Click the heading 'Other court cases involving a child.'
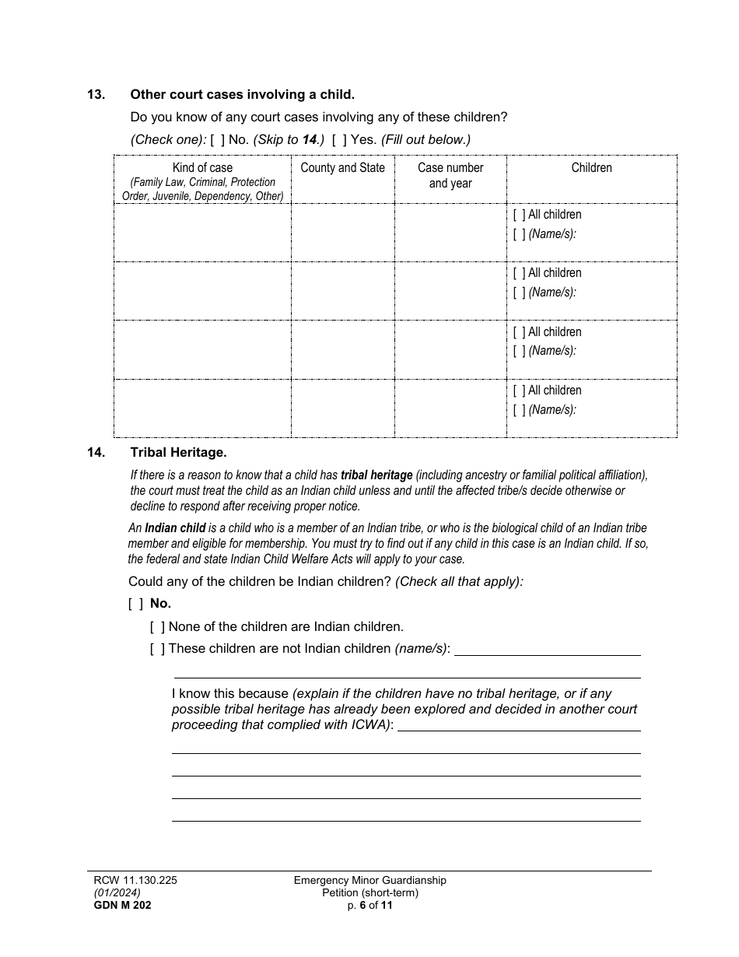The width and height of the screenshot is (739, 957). (x=242, y=95)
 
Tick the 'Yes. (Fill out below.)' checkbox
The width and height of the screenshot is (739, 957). (x=339, y=140)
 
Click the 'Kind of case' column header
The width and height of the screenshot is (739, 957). (x=202, y=168)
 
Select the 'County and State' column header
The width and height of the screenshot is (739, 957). (x=342, y=168)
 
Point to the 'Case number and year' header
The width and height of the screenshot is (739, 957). (x=450, y=176)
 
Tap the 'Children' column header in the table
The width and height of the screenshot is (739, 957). (x=591, y=168)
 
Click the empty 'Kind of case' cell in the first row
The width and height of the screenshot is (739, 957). (x=202, y=232)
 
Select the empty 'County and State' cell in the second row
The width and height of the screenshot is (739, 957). (x=342, y=290)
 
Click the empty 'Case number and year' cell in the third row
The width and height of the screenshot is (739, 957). (x=450, y=349)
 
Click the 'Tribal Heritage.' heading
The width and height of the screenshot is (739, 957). (x=178, y=452)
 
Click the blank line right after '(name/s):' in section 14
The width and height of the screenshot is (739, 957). (x=547, y=650)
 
